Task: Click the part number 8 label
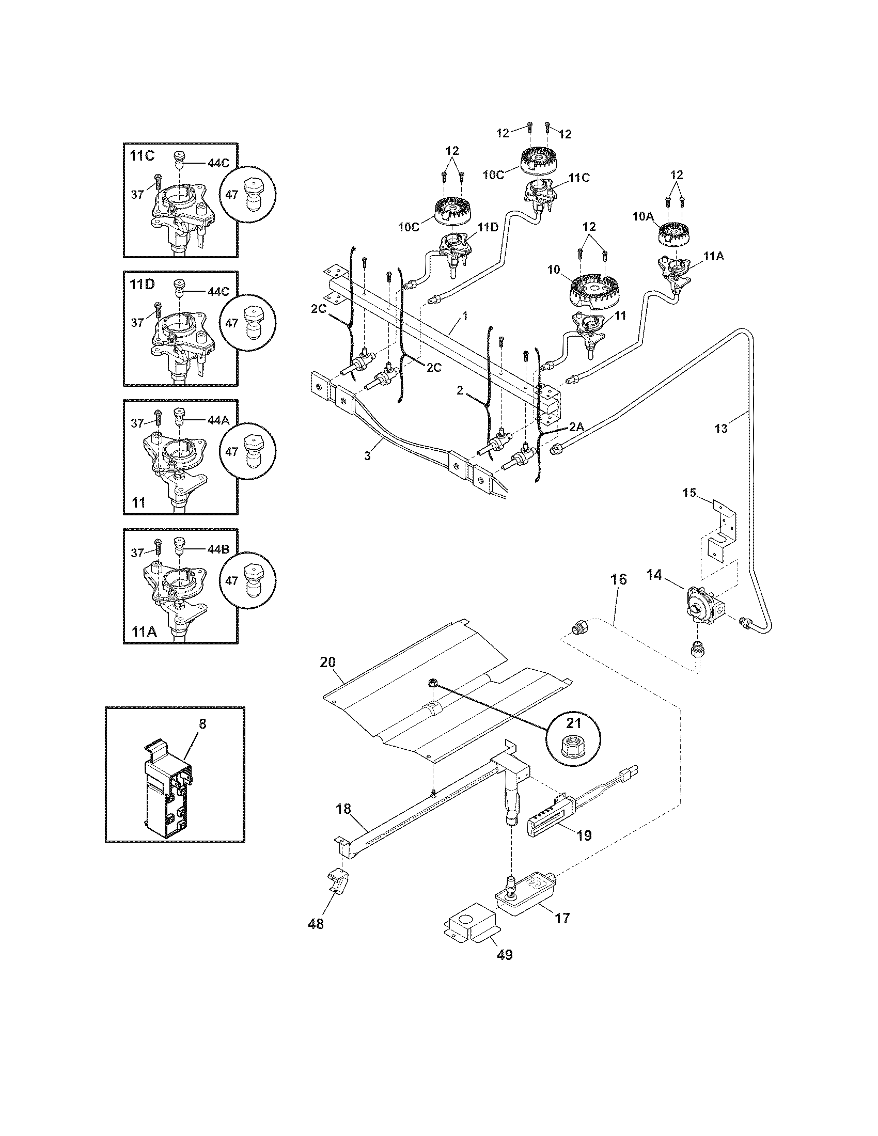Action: tap(202, 723)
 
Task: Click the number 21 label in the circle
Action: tap(574, 723)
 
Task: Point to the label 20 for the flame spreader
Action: tap(327, 662)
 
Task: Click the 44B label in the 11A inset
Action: tap(218, 550)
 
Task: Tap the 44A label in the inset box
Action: tap(218, 421)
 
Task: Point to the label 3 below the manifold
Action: tap(367, 455)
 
